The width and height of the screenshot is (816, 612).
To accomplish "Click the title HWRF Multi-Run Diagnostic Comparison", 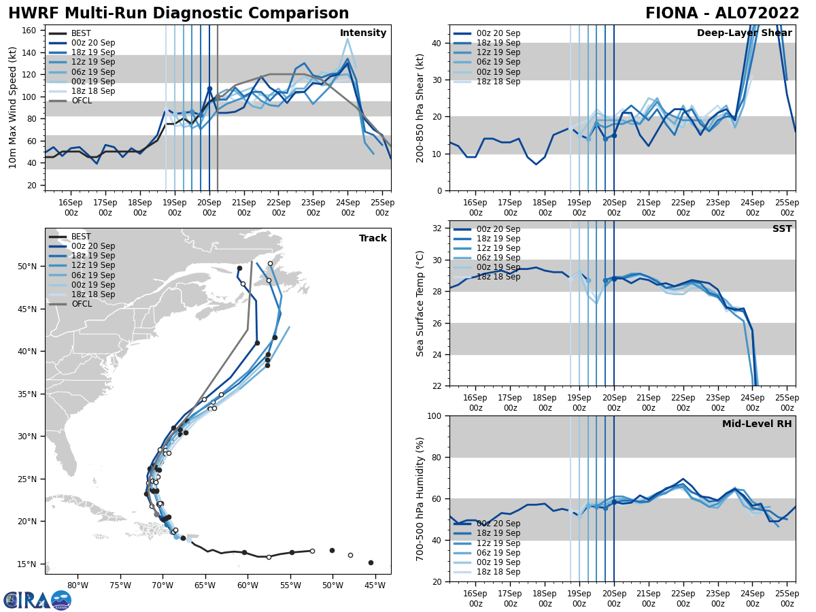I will pyautogui.click(x=178, y=14).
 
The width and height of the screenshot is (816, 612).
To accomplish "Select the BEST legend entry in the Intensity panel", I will pyautogui.click(x=80, y=33).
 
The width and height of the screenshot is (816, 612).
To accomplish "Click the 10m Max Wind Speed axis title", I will pyautogui.click(x=13, y=107).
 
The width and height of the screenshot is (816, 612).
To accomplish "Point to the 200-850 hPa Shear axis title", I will pyautogui.click(x=420, y=107).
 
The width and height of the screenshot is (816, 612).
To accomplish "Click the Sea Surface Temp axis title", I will pyautogui.click(x=420, y=303).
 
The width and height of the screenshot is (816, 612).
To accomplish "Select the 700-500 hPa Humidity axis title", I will pyautogui.click(x=420, y=498).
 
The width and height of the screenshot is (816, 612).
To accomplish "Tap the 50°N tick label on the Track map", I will pyautogui.click(x=28, y=267).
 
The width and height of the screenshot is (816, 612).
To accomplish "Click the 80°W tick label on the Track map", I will pyautogui.click(x=78, y=586).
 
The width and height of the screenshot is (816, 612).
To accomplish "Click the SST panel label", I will pyautogui.click(x=782, y=229).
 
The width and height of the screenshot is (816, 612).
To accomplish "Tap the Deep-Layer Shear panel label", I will pyautogui.click(x=744, y=33).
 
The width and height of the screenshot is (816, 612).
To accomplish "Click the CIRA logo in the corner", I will pyautogui.click(x=37, y=600).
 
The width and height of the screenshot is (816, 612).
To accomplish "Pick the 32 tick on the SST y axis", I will pyautogui.click(x=438, y=228).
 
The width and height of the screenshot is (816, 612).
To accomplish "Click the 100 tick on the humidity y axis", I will pyautogui.click(x=435, y=416).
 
